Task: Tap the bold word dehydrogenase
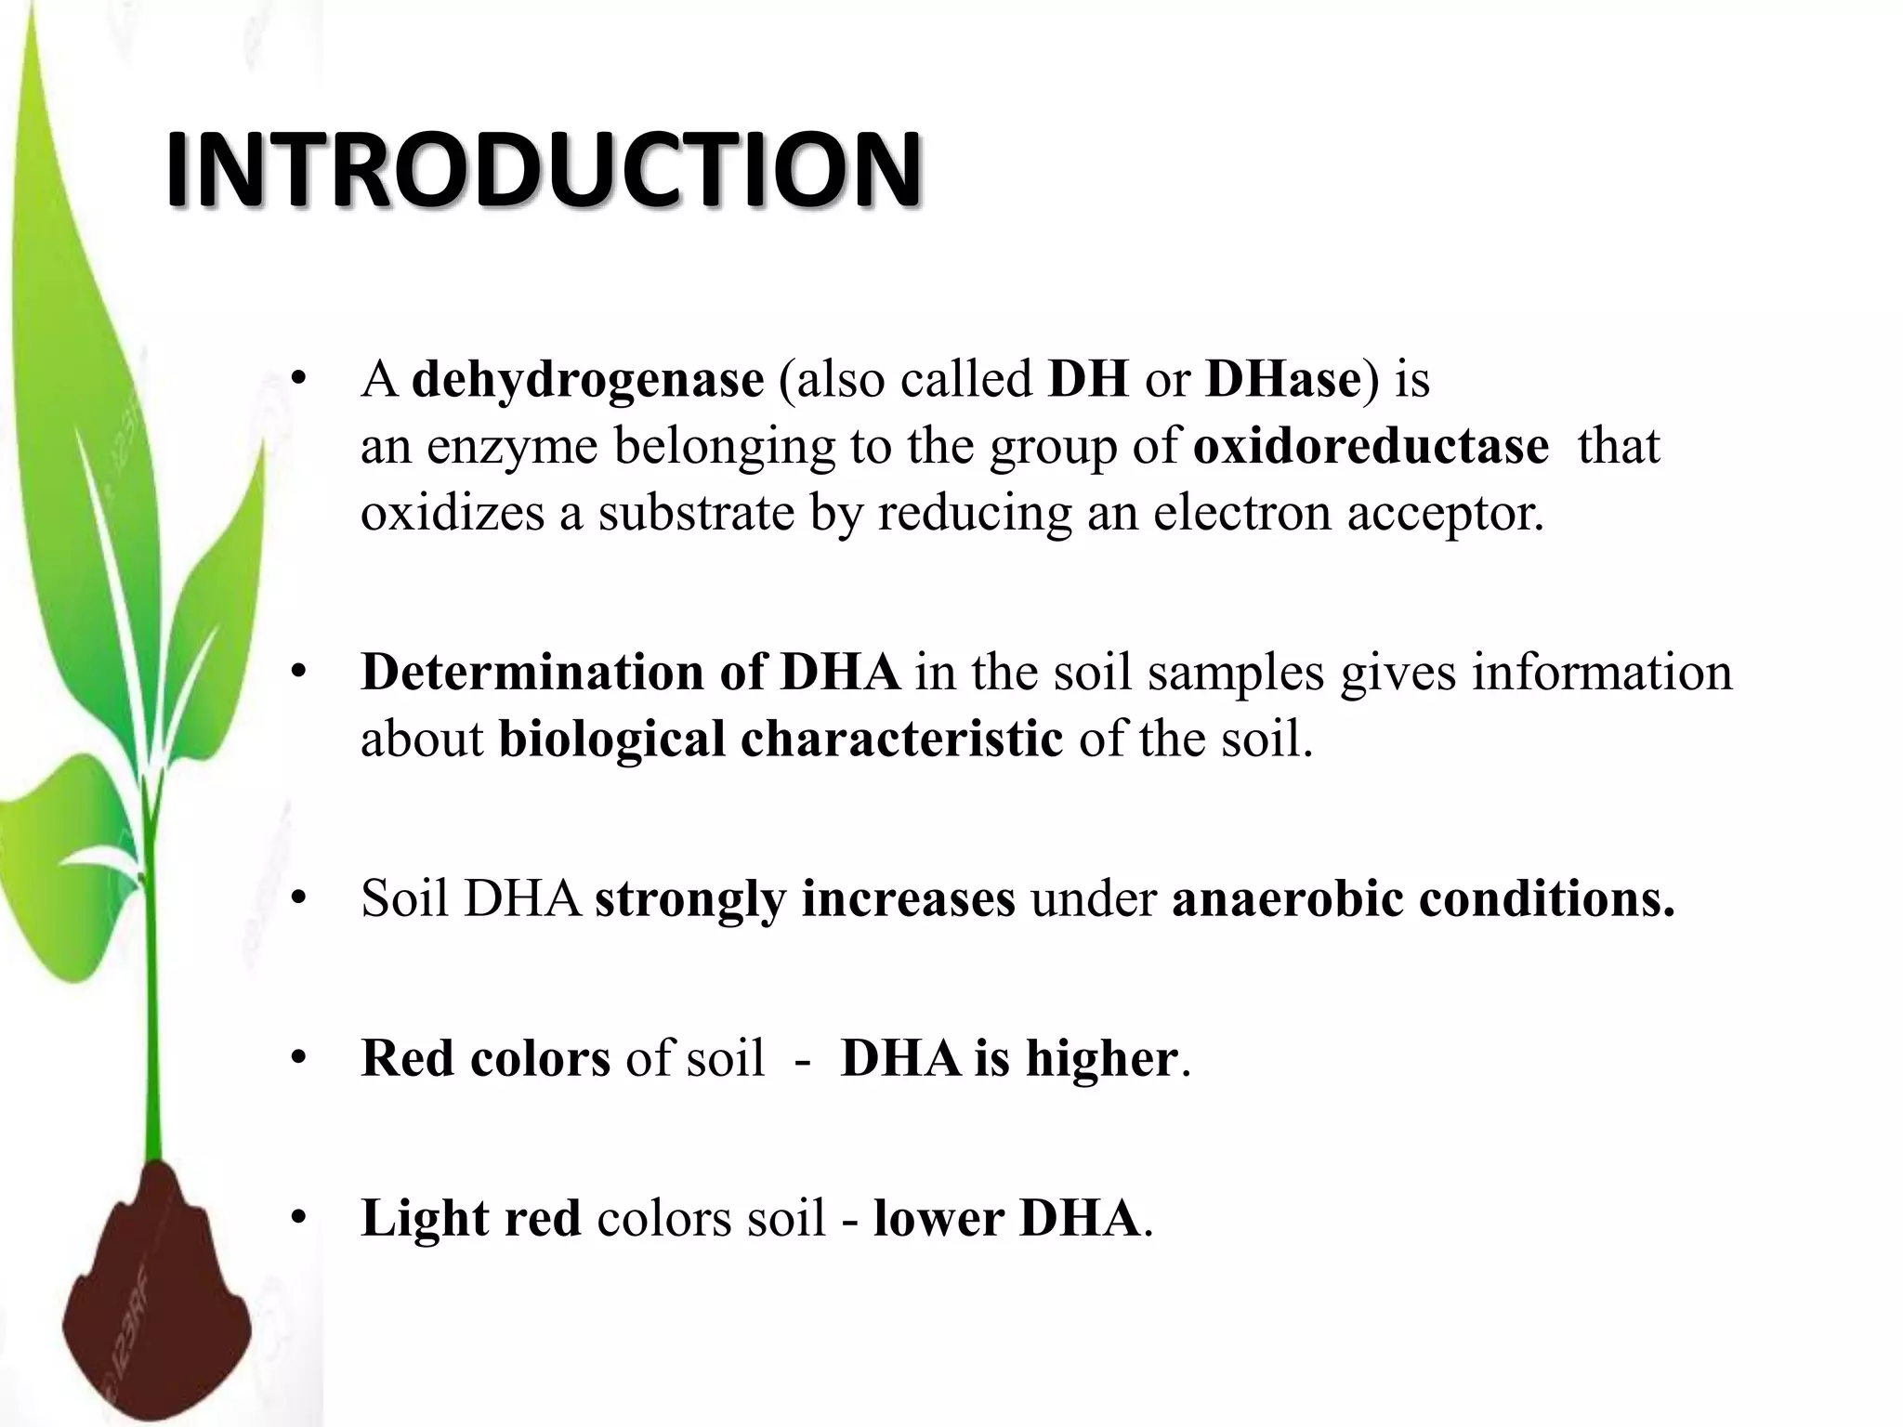(x=587, y=379)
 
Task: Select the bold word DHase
(x=1282, y=379)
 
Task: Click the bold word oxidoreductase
(x=1371, y=446)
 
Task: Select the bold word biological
(x=612, y=740)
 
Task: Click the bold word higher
(x=1101, y=1058)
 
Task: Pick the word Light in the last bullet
(x=424, y=1218)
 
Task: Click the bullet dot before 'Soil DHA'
(x=298, y=899)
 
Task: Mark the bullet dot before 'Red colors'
(x=298, y=1058)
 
